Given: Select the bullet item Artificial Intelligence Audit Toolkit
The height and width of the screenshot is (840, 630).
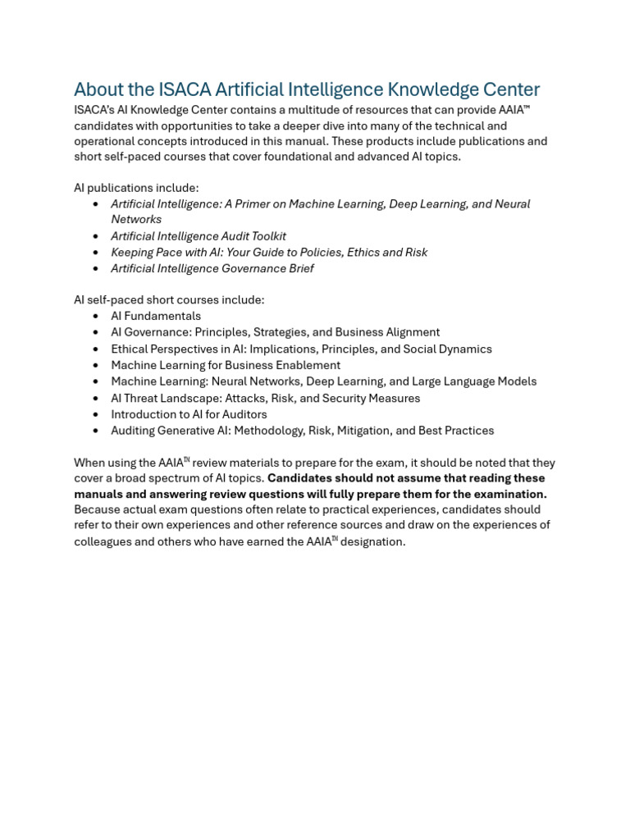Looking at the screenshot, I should (x=199, y=236).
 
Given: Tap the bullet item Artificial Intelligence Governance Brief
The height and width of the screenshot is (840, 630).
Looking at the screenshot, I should (x=212, y=268).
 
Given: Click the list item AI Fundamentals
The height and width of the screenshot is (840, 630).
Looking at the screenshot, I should (x=156, y=316).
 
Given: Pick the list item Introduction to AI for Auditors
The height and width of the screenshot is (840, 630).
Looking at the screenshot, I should (x=189, y=414).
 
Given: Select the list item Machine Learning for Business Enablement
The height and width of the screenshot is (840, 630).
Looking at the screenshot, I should (x=226, y=365).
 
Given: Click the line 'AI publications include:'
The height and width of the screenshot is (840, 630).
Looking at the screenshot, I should (x=136, y=188).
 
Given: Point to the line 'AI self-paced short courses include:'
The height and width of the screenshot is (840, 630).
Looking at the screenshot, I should (x=169, y=300).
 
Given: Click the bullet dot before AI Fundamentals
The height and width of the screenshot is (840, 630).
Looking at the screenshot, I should (x=96, y=317).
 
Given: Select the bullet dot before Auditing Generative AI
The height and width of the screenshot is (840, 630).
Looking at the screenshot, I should (x=96, y=431).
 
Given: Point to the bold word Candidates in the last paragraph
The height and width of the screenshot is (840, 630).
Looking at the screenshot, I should (x=298, y=478).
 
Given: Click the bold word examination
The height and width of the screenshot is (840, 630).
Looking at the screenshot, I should (x=510, y=494).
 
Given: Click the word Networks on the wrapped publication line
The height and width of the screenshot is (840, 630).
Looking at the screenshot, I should (x=136, y=219).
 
